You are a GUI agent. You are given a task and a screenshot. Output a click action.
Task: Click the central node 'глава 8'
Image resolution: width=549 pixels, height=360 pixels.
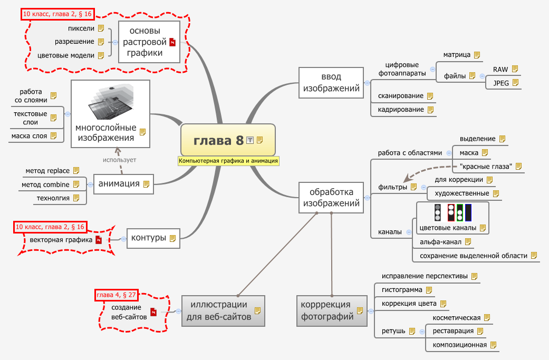click(219, 140)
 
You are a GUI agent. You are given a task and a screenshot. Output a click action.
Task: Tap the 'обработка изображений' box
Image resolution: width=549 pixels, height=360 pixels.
click(331, 198)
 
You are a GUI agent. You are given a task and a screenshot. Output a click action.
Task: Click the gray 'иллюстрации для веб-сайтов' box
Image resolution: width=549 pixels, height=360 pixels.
click(224, 310)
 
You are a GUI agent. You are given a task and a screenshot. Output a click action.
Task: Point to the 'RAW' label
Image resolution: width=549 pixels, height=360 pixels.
click(500, 69)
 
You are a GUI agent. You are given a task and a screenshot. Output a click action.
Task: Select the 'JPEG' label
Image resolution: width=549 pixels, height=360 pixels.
click(500, 83)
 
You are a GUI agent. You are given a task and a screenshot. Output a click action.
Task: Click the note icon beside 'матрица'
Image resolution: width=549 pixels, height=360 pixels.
click(477, 54)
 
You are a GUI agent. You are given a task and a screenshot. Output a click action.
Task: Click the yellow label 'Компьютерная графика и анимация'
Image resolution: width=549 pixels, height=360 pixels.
click(228, 161)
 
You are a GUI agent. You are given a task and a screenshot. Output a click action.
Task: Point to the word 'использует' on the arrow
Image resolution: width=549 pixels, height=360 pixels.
click(120, 159)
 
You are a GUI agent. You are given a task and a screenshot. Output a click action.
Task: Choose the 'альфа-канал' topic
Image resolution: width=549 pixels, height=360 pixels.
click(440, 242)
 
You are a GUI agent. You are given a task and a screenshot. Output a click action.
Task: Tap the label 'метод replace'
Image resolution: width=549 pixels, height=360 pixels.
click(47, 171)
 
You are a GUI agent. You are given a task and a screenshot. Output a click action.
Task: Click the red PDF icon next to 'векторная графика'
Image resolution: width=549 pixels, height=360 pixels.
click(98, 240)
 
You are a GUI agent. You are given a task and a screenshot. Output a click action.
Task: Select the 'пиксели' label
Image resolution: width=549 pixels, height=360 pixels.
click(81, 28)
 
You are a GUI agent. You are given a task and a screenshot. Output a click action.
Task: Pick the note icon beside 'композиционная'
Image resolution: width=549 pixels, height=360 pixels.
click(494, 345)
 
